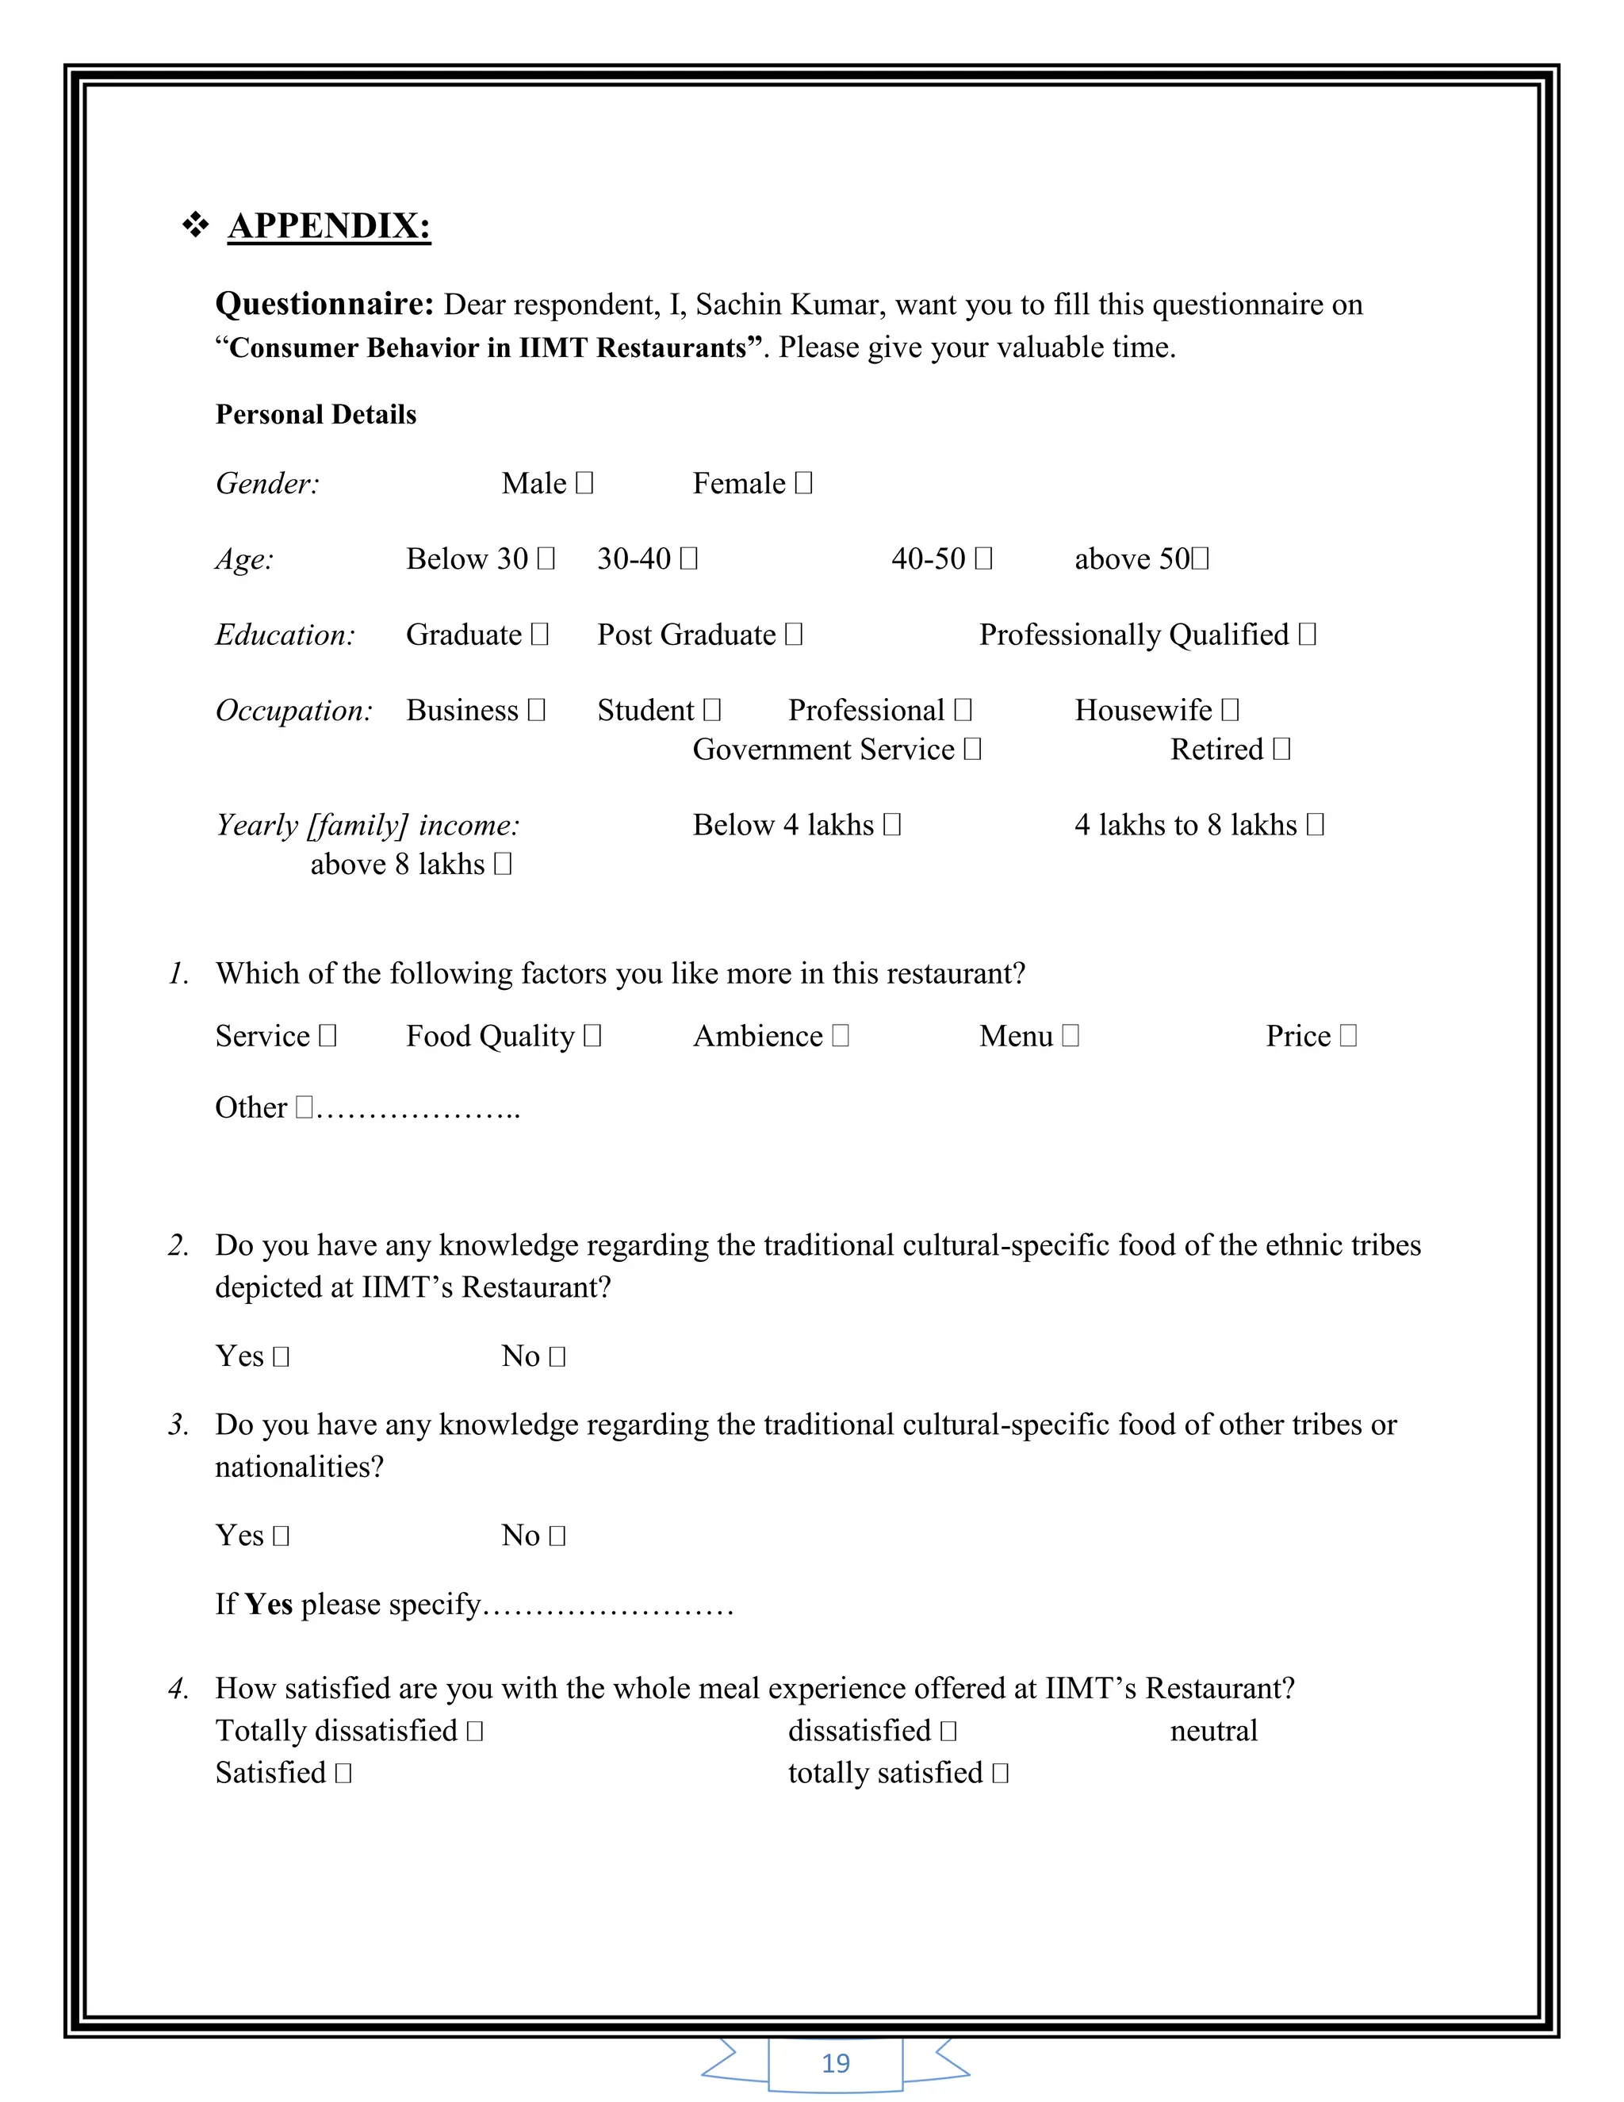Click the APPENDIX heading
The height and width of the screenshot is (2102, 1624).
329,225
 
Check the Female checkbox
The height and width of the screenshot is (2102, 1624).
804,482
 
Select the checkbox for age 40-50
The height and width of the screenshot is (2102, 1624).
983,558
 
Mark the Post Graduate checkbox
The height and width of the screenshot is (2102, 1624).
794,635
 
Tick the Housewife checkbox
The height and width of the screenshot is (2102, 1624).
1231,709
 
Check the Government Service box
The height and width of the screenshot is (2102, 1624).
973,749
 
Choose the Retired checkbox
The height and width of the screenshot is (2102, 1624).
1281,749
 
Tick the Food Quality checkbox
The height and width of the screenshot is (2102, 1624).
592,1036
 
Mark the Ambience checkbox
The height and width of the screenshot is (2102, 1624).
841,1036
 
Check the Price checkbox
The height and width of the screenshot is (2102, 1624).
1349,1036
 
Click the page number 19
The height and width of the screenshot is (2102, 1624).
835,2062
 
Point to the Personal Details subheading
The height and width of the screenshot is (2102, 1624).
316,414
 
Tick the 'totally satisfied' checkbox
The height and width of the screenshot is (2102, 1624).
1001,1773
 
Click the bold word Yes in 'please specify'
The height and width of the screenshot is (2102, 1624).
269,1605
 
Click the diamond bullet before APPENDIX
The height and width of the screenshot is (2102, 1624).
195,225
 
